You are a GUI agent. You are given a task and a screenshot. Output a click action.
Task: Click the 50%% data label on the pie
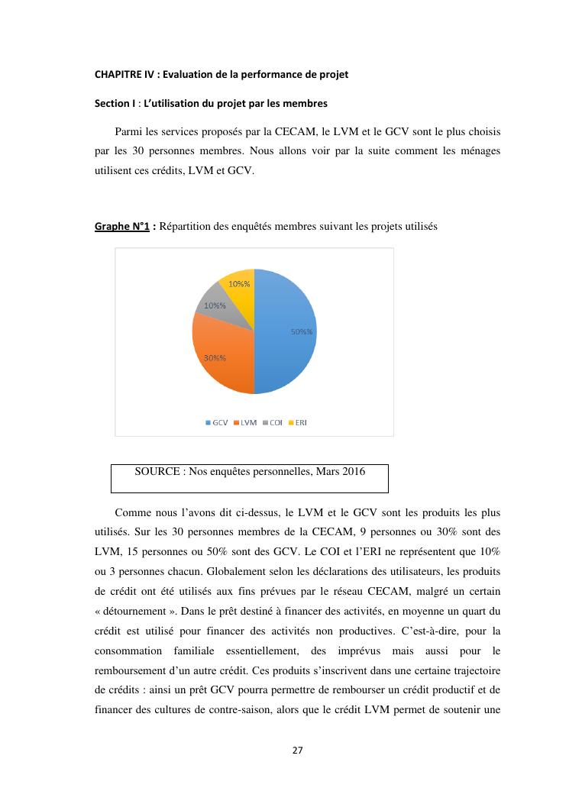coord(302,331)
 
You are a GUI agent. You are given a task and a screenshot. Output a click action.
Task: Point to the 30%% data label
coord(214,357)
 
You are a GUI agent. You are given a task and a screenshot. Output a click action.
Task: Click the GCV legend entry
coord(218,422)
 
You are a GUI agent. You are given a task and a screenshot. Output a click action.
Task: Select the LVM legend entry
coord(245,422)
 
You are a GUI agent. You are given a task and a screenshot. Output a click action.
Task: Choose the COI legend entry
coord(273,422)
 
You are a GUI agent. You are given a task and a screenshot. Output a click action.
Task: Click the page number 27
coord(297,750)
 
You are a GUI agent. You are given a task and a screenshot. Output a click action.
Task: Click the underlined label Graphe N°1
coord(121,227)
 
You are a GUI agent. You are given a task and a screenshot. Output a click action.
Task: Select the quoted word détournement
coord(138,612)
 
